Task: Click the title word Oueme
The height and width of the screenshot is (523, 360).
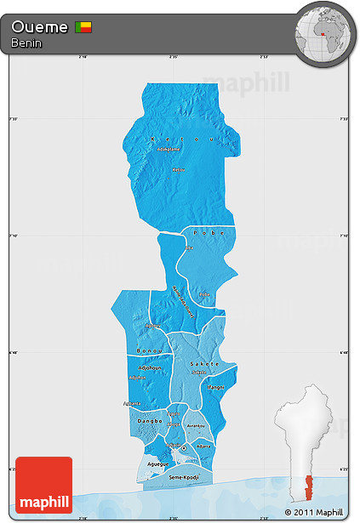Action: pyautogui.click(x=40, y=28)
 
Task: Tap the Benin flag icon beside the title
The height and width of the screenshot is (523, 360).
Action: pyautogui.click(x=83, y=28)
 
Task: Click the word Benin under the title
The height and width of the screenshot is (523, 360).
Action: pyautogui.click(x=26, y=43)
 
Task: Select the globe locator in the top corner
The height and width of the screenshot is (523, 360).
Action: pyautogui.click(x=324, y=33)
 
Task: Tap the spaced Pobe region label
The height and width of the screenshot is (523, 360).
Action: pyautogui.click(x=208, y=231)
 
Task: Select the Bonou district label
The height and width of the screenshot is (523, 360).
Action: pyautogui.click(x=149, y=350)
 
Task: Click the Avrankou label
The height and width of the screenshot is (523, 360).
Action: pyautogui.click(x=197, y=426)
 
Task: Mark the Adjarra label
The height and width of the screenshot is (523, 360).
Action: pyautogui.click(x=203, y=445)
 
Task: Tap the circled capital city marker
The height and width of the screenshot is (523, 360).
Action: pyautogui.click(x=184, y=448)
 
